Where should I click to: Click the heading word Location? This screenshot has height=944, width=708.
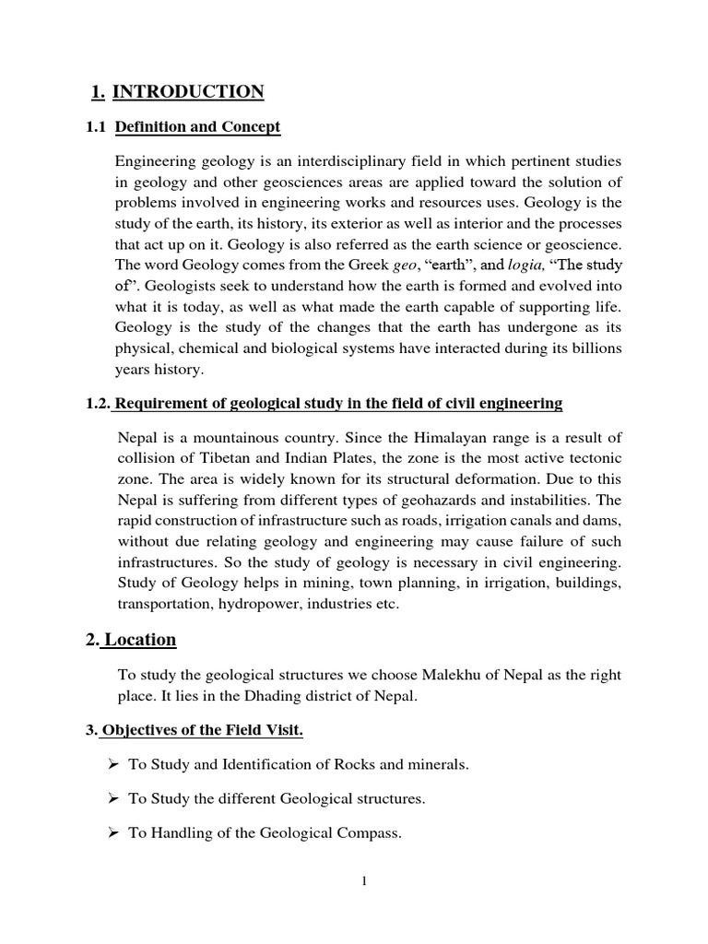click(140, 640)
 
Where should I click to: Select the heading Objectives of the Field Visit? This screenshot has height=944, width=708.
click(202, 731)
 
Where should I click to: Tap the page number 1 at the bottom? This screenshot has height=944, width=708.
click(364, 882)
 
